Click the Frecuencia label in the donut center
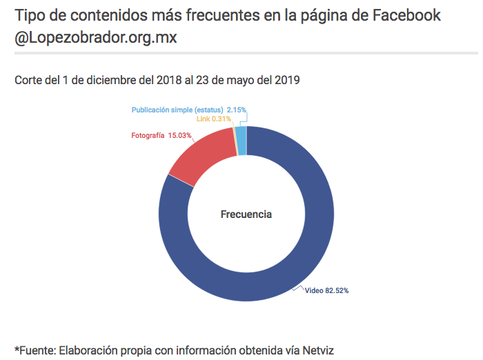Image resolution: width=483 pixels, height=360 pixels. click(246, 214)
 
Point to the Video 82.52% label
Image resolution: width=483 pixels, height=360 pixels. click(326, 290)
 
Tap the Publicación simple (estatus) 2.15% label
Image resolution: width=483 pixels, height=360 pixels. click(188, 110)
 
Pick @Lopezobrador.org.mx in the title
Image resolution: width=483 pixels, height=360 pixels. click(96, 37)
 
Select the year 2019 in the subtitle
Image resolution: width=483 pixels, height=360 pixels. click(284, 80)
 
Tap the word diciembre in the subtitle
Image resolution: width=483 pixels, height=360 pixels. click(105, 80)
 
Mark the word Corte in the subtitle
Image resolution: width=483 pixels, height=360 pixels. click(29, 80)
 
